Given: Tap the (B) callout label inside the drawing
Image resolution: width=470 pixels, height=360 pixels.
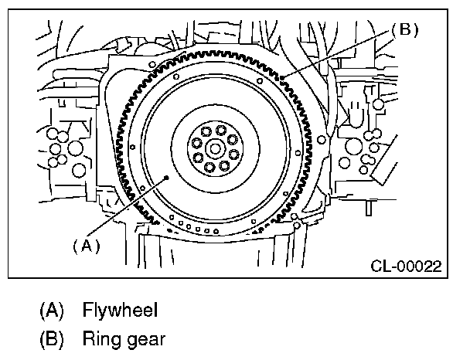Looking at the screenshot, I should click(403, 29).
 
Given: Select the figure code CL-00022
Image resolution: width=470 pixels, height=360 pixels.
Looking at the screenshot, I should click(404, 267).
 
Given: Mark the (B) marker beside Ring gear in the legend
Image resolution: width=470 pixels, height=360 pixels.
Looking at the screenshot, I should click(52, 338).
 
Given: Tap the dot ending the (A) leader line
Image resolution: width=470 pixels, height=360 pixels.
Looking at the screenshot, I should click(167, 178).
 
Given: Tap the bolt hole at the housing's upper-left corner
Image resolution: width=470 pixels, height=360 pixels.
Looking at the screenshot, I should click(152, 63).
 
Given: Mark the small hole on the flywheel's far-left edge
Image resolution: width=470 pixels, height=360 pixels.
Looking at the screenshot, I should click(132, 144).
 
